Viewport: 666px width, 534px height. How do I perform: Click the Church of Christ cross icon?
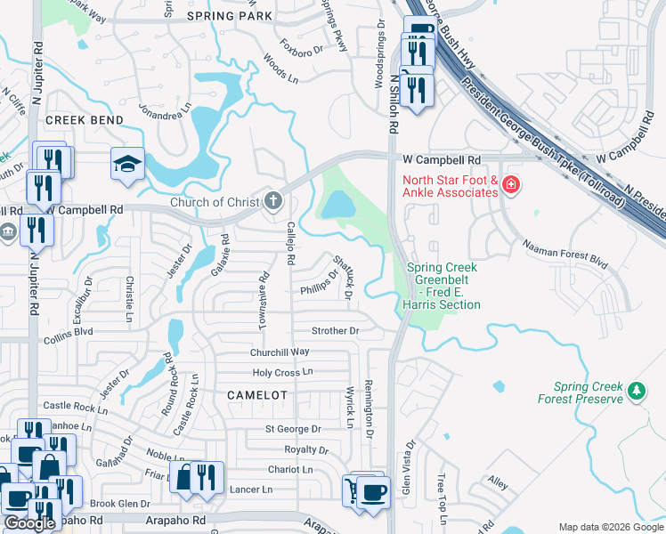click(273, 201)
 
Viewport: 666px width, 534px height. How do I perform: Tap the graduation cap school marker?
click(127, 163)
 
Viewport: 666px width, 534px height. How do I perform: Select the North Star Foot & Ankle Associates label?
click(450, 186)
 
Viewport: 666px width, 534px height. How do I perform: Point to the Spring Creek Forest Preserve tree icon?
click(636, 390)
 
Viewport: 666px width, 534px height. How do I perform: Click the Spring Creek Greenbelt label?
click(443, 286)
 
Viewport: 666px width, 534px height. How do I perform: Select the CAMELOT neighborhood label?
click(257, 394)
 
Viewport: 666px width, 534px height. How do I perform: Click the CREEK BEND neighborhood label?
click(83, 120)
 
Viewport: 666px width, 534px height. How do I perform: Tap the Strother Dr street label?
click(335, 331)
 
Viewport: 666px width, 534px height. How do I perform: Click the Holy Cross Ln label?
click(283, 372)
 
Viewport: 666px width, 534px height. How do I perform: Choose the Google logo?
click(30, 523)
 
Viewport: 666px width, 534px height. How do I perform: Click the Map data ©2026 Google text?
click(610, 527)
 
